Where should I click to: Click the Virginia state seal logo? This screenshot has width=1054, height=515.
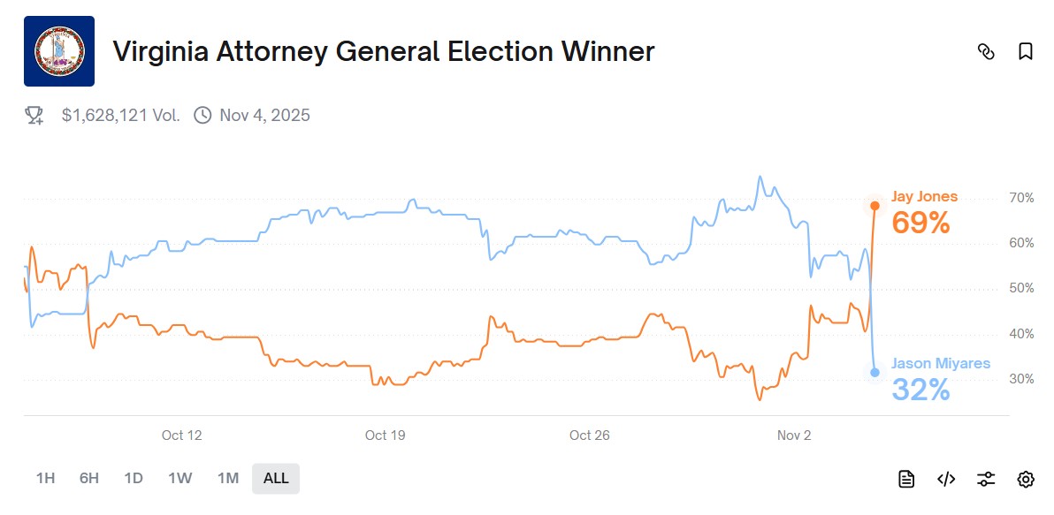click(59, 51)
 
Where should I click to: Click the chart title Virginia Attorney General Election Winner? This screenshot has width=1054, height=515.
click(383, 51)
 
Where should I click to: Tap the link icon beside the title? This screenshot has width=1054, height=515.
click(986, 51)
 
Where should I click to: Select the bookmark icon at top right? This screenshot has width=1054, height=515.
click(1026, 51)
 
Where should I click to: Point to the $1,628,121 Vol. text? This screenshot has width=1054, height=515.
click(121, 115)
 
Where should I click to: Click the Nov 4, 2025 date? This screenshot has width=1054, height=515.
click(264, 115)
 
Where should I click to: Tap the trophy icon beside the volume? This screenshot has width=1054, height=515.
click(34, 115)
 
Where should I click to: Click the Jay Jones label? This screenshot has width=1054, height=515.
click(924, 197)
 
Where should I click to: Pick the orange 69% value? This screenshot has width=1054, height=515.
click(920, 223)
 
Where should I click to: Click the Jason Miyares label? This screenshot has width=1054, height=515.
click(940, 363)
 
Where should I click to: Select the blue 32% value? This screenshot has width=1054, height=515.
click(920, 390)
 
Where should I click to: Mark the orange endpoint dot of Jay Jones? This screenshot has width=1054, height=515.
click(875, 206)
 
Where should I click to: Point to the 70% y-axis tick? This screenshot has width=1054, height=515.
click(1021, 198)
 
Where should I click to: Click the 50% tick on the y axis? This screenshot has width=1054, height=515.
click(1021, 289)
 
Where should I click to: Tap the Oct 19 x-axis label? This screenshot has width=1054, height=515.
click(385, 435)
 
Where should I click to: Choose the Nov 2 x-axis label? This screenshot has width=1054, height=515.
click(794, 435)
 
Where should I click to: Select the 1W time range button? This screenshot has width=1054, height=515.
click(180, 478)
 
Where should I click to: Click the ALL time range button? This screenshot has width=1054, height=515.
click(276, 478)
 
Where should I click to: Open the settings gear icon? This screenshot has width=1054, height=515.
click(1026, 479)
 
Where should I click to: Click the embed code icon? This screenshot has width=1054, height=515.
click(946, 479)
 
